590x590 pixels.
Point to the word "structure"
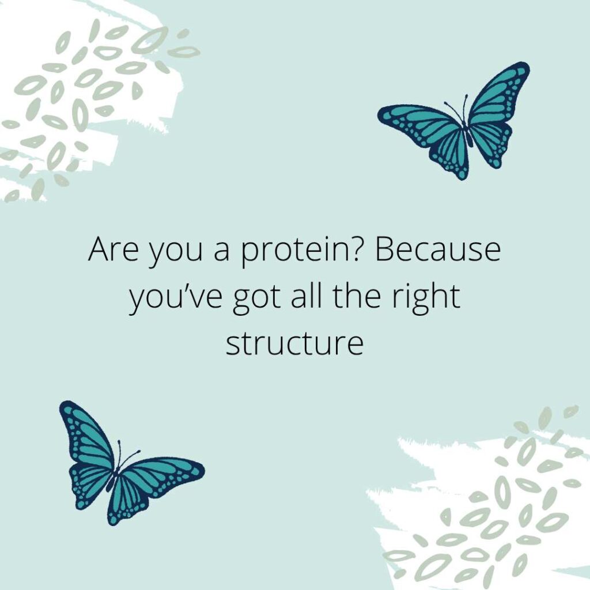[x=294, y=343]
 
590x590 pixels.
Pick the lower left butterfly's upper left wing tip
[x=66, y=407]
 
